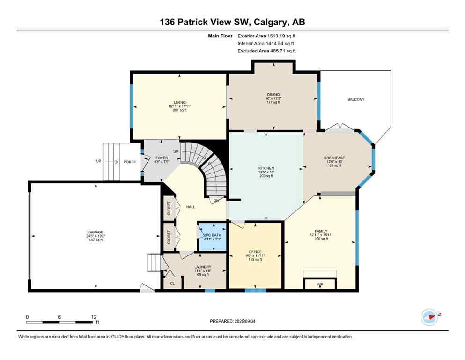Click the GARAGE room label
(95, 232)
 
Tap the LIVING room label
(180, 102)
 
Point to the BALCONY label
(356, 99)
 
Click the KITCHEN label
(266, 168)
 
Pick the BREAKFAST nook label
(334, 158)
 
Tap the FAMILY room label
(321, 231)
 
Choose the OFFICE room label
(255, 252)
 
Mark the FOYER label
(162, 158)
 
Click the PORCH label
(130, 162)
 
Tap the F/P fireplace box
(320, 284)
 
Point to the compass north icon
(430, 317)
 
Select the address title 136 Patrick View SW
(232, 22)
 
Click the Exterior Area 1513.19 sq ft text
(266, 35)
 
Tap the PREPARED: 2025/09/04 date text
(233, 321)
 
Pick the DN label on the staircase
(216, 201)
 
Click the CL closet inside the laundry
(172, 283)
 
